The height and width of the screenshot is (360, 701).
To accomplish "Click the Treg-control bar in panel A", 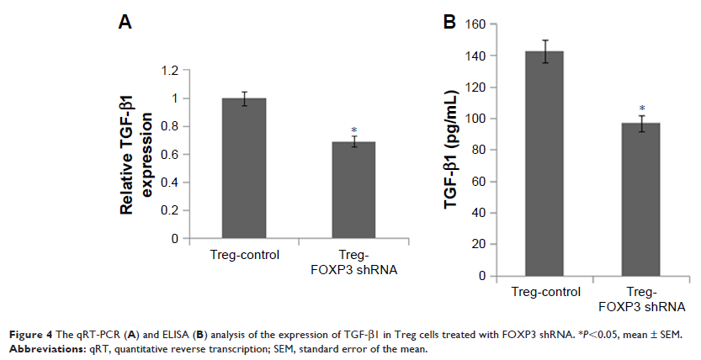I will point(243,168).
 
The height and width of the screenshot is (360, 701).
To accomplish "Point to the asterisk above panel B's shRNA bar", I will point(641,109).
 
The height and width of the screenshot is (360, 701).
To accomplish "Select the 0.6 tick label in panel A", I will point(170,155).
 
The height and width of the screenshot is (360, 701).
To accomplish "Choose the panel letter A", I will point(124,24).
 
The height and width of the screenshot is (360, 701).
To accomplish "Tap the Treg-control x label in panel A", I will point(244,252).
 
